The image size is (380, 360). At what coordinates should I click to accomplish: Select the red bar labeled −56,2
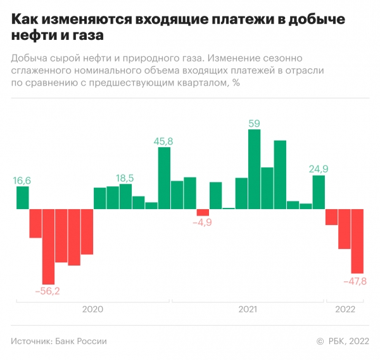pyautogui.click(x=48, y=247)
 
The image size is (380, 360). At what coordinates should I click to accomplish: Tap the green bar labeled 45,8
pyautogui.click(x=164, y=178)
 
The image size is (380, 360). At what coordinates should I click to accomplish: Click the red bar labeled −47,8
pyautogui.click(x=358, y=241)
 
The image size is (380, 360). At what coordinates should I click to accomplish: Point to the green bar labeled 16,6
pyautogui.click(x=22, y=198)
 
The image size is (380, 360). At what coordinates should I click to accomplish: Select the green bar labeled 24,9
pyautogui.click(x=319, y=192)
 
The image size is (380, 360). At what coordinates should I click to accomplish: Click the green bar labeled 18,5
pyautogui.click(x=125, y=196)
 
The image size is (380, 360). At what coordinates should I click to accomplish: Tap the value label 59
pyautogui.click(x=254, y=124)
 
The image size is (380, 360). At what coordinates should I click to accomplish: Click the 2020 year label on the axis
pyautogui.click(x=92, y=309)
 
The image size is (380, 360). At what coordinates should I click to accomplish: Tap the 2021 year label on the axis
pyautogui.click(x=248, y=309)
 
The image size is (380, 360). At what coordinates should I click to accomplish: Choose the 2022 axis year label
pyautogui.click(x=345, y=309)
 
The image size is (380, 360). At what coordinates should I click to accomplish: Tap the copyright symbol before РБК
pyautogui.click(x=320, y=342)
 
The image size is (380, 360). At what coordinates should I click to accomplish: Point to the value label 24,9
pyautogui.click(x=319, y=169)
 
